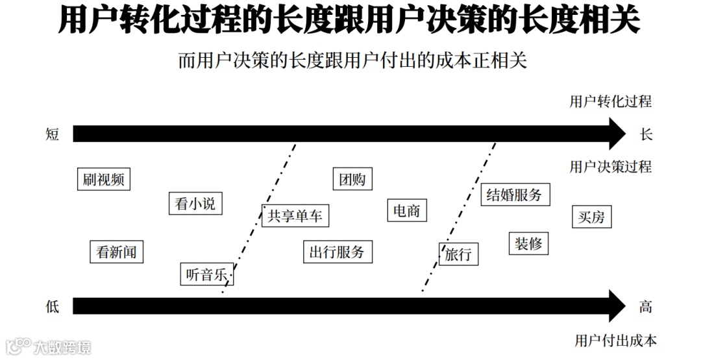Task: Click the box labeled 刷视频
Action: [x=103, y=179]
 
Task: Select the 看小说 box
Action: [x=191, y=204]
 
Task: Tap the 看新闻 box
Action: [x=116, y=252]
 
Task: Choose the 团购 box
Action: [x=352, y=179]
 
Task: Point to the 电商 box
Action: [x=407, y=211]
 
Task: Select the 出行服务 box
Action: [x=338, y=252]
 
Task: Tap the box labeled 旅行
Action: [x=458, y=254]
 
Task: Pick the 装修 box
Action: [x=528, y=244]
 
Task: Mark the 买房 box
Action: [x=591, y=217]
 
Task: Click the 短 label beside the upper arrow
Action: [x=53, y=134]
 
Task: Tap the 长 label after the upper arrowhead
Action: [x=645, y=134]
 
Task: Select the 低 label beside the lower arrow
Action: [x=53, y=306]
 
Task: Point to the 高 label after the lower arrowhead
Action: [x=645, y=306]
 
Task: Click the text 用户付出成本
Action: [x=615, y=340]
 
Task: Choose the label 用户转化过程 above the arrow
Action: [x=610, y=101]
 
